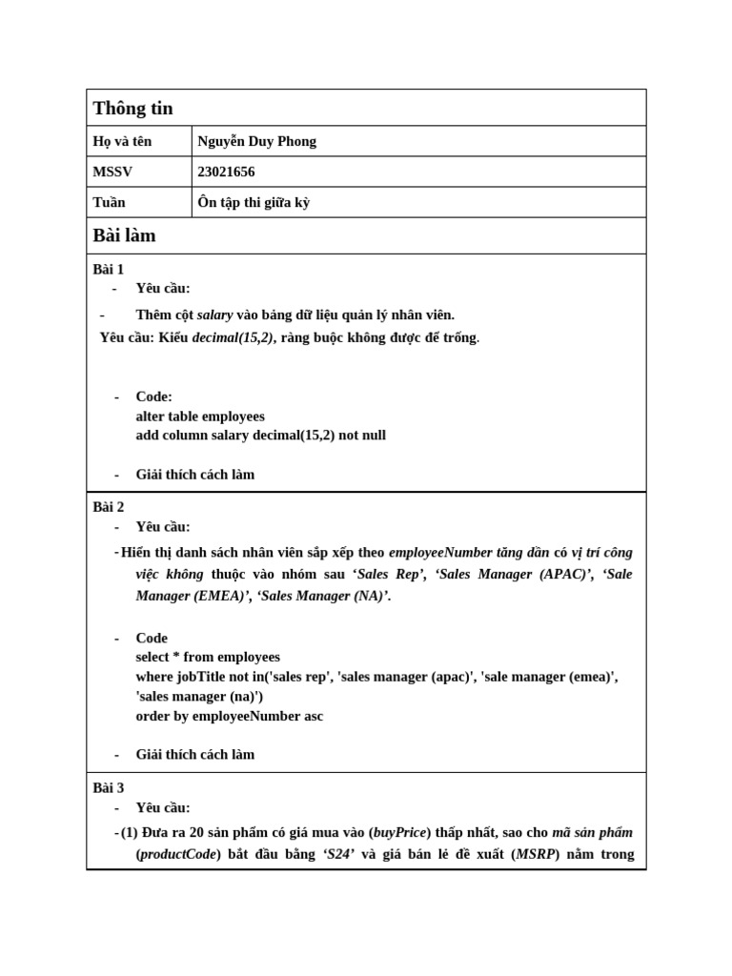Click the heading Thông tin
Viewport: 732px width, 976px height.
point(132,109)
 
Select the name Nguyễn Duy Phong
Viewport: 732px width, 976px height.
point(256,142)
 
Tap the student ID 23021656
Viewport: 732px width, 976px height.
point(226,173)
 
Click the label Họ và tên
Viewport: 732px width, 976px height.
point(122,142)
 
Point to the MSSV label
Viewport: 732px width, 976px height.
point(112,173)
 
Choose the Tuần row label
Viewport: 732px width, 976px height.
point(109,202)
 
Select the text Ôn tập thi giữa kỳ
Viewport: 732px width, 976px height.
point(254,202)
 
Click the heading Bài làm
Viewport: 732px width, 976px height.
point(124,235)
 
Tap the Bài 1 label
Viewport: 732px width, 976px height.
point(109,269)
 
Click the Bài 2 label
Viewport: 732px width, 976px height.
point(109,507)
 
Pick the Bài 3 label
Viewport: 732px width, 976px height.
point(109,787)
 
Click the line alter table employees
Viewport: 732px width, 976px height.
point(200,417)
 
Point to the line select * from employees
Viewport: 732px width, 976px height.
point(208,657)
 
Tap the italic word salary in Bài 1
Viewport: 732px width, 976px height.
point(214,315)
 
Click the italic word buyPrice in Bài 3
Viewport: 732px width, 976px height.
point(399,832)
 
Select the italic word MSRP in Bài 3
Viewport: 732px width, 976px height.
point(536,854)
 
